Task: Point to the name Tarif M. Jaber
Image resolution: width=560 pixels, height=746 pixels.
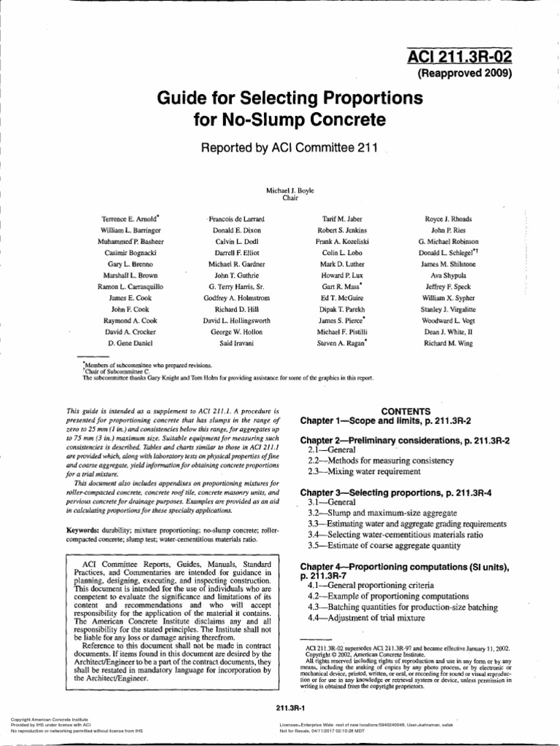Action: tap(341, 219)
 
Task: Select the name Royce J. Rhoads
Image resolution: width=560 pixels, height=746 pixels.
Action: tap(448, 219)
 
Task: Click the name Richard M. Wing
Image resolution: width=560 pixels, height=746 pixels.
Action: tap(448, 342)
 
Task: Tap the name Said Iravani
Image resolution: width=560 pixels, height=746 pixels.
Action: tap(236, 342)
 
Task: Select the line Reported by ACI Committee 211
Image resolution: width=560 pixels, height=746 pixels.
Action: tap(289, 148)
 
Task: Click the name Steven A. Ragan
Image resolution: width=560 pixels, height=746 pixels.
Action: tap(341, 342)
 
